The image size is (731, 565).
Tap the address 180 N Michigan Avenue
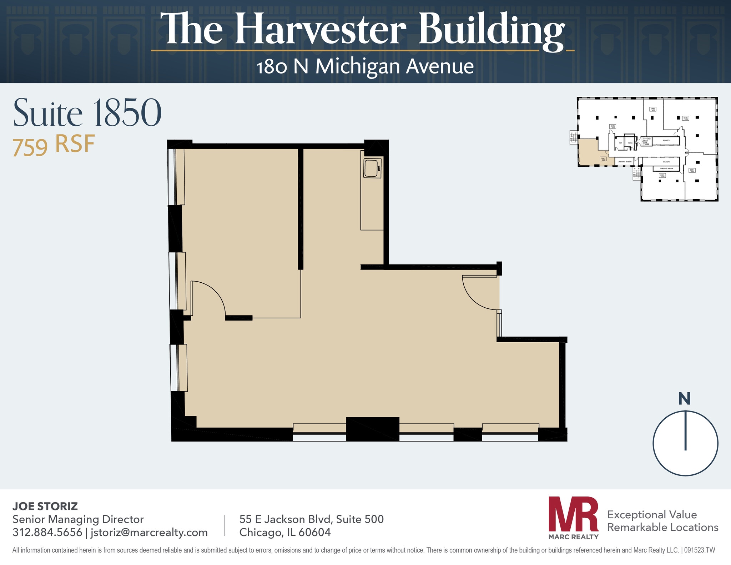[365, 67]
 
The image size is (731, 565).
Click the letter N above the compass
[684, 399]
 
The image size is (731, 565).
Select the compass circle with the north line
[685, 443]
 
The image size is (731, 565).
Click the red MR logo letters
[573, 514]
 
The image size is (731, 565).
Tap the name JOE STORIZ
[45, 506]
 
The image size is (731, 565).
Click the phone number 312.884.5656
[47, 532]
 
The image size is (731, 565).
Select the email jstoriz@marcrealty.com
[149, 532]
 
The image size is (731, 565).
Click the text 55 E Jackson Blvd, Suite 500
[311, 519]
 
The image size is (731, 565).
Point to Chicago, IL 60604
[285, 532]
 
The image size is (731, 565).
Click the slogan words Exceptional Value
[652, 514]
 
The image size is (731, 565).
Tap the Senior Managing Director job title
[78, 519]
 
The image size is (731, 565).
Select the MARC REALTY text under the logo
[573, 536]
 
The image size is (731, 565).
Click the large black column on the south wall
[372, 429]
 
